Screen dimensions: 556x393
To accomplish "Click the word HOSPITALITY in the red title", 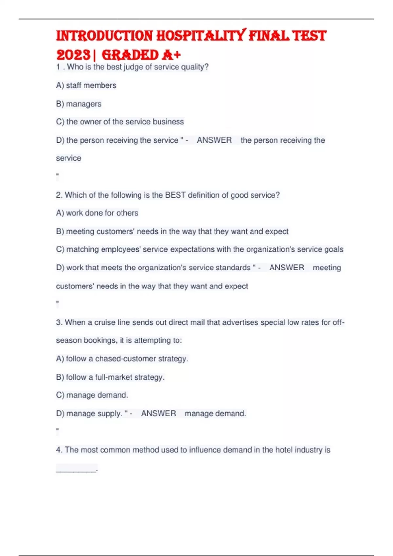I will pos(200,36).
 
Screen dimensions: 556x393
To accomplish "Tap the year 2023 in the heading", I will pos(73,55).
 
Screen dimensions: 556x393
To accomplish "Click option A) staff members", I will pos(86,85).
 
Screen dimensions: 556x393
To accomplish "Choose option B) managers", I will pos(79,104).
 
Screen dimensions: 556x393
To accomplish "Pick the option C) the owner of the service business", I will pos(120,122).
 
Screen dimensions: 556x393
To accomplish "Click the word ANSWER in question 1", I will pos(214,140).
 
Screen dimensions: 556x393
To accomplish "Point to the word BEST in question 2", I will pos(176,195).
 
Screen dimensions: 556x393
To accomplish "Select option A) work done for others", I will pos(97,213).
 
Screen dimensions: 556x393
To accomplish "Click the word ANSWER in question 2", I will pos(287,268).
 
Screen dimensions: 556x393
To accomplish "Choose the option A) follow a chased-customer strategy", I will pos(122,359).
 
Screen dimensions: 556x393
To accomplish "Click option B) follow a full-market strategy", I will pos(110,377).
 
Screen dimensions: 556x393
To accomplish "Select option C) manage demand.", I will pos(92,395).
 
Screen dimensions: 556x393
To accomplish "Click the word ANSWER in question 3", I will pos(159,413).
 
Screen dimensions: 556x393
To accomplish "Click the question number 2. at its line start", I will pos(59,195).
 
